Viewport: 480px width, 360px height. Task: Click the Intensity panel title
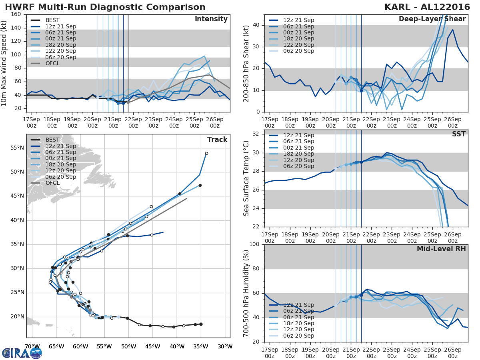pyautogui.click(x=211, y=19)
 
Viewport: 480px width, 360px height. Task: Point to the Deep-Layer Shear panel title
pyautogui.click(x=432, y=19)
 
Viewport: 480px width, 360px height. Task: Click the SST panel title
pyautogui.click(x=459, y=134)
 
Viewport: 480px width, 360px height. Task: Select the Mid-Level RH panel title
pyautogui.click(x=441, y=249)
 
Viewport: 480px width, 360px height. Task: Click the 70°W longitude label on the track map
pyautogui.click(x=32, y=346)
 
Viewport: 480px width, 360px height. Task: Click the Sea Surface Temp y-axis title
pyautogui.click(x=246, y=178)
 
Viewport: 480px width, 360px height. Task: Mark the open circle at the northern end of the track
pyautogui.click(x=206, y=153)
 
